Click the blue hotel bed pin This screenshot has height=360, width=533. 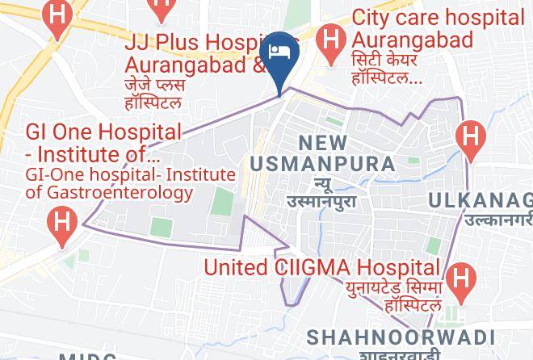[x=282, y=53]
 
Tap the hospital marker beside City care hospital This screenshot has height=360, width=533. [x=330, y=36]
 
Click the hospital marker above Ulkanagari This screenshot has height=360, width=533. [x=469, y=134]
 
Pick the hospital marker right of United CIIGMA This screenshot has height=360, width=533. [x=460, y=278]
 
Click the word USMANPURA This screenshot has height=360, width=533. [x=322, y=164]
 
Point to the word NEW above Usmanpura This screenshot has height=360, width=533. [x=323, y=143]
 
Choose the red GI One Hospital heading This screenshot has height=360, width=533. [x=103, y=132]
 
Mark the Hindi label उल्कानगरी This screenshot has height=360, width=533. [x=497, y=219]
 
